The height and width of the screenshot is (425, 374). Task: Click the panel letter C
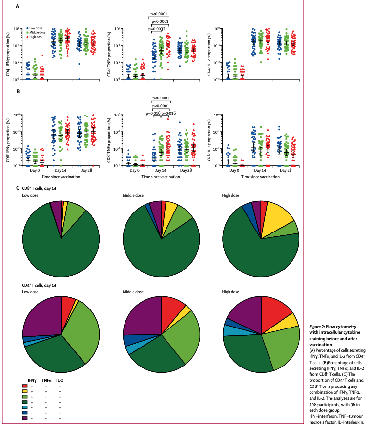click(18, 188)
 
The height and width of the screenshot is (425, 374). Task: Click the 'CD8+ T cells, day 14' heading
click(43, 188)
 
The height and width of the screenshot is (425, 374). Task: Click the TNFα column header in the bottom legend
click(46, 379)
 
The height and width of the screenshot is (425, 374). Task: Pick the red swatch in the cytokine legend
click(24, 386)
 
